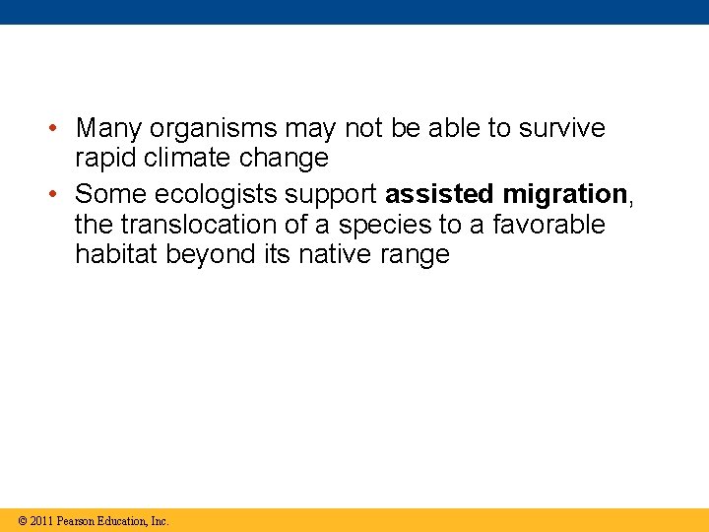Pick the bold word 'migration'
pyautogui.click(x=565, y=192)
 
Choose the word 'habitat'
pyautogui.click(x=116, y=255)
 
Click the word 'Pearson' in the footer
pyautogui.click(x=77, y=521)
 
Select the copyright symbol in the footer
pyautogui.click(x=20, y=521)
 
